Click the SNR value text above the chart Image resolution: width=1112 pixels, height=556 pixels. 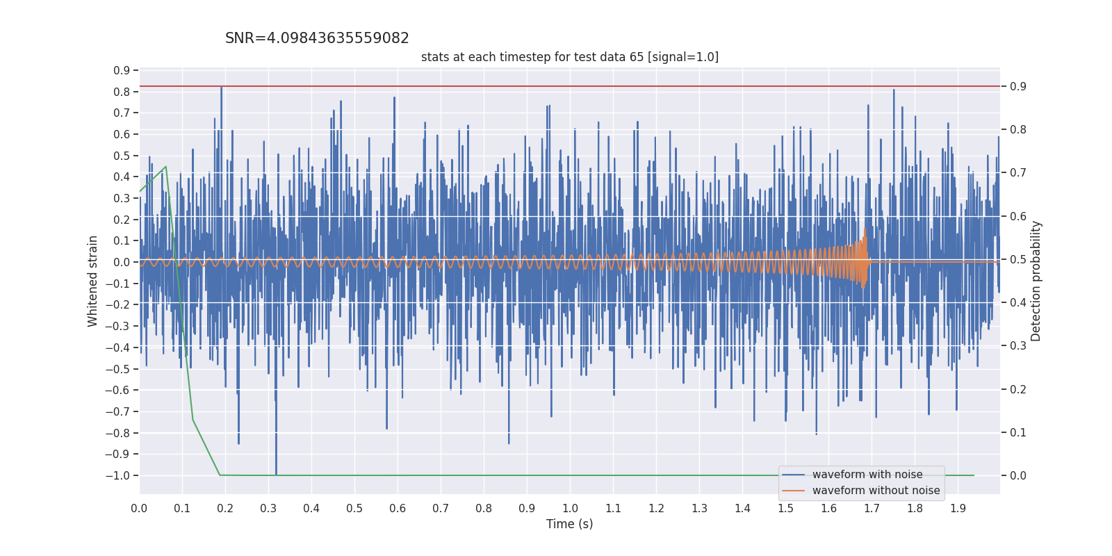[x=317, y=39]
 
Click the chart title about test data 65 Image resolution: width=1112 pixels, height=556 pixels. [x=569, y=57]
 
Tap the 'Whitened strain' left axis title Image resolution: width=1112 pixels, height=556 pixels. [x=93, y=281]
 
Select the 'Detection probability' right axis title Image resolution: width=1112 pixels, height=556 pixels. [x=1036, y=281]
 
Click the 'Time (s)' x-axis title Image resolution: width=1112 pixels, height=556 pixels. [x=569, y=524]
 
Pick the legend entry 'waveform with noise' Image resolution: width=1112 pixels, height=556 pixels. [x=867, y=475]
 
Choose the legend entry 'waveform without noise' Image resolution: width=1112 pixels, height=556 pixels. [x=875, y=491]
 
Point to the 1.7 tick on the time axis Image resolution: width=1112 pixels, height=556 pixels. [x=872, y=508]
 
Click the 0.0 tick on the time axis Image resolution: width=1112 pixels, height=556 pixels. [x=139, y=508]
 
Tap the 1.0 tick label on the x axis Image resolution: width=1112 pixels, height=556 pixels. [x=570, y=508]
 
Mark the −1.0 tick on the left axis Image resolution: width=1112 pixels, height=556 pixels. [x=117, y=475]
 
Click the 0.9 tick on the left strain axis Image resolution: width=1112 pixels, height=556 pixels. [x=122, y=70]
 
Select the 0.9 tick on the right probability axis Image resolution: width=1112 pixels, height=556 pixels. [x=1018, y=86]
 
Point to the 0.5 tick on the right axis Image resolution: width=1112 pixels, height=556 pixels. [x=1018, y=259]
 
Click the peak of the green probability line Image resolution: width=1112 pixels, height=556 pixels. [x=165, y=167]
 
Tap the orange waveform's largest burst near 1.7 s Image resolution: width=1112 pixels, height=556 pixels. [x=864, y=257]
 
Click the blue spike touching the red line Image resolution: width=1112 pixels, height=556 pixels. [x=221, y=88]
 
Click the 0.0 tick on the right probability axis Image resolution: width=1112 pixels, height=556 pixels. [x=1018, y=475]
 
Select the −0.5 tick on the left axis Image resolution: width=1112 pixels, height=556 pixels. [x=117, y=369]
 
